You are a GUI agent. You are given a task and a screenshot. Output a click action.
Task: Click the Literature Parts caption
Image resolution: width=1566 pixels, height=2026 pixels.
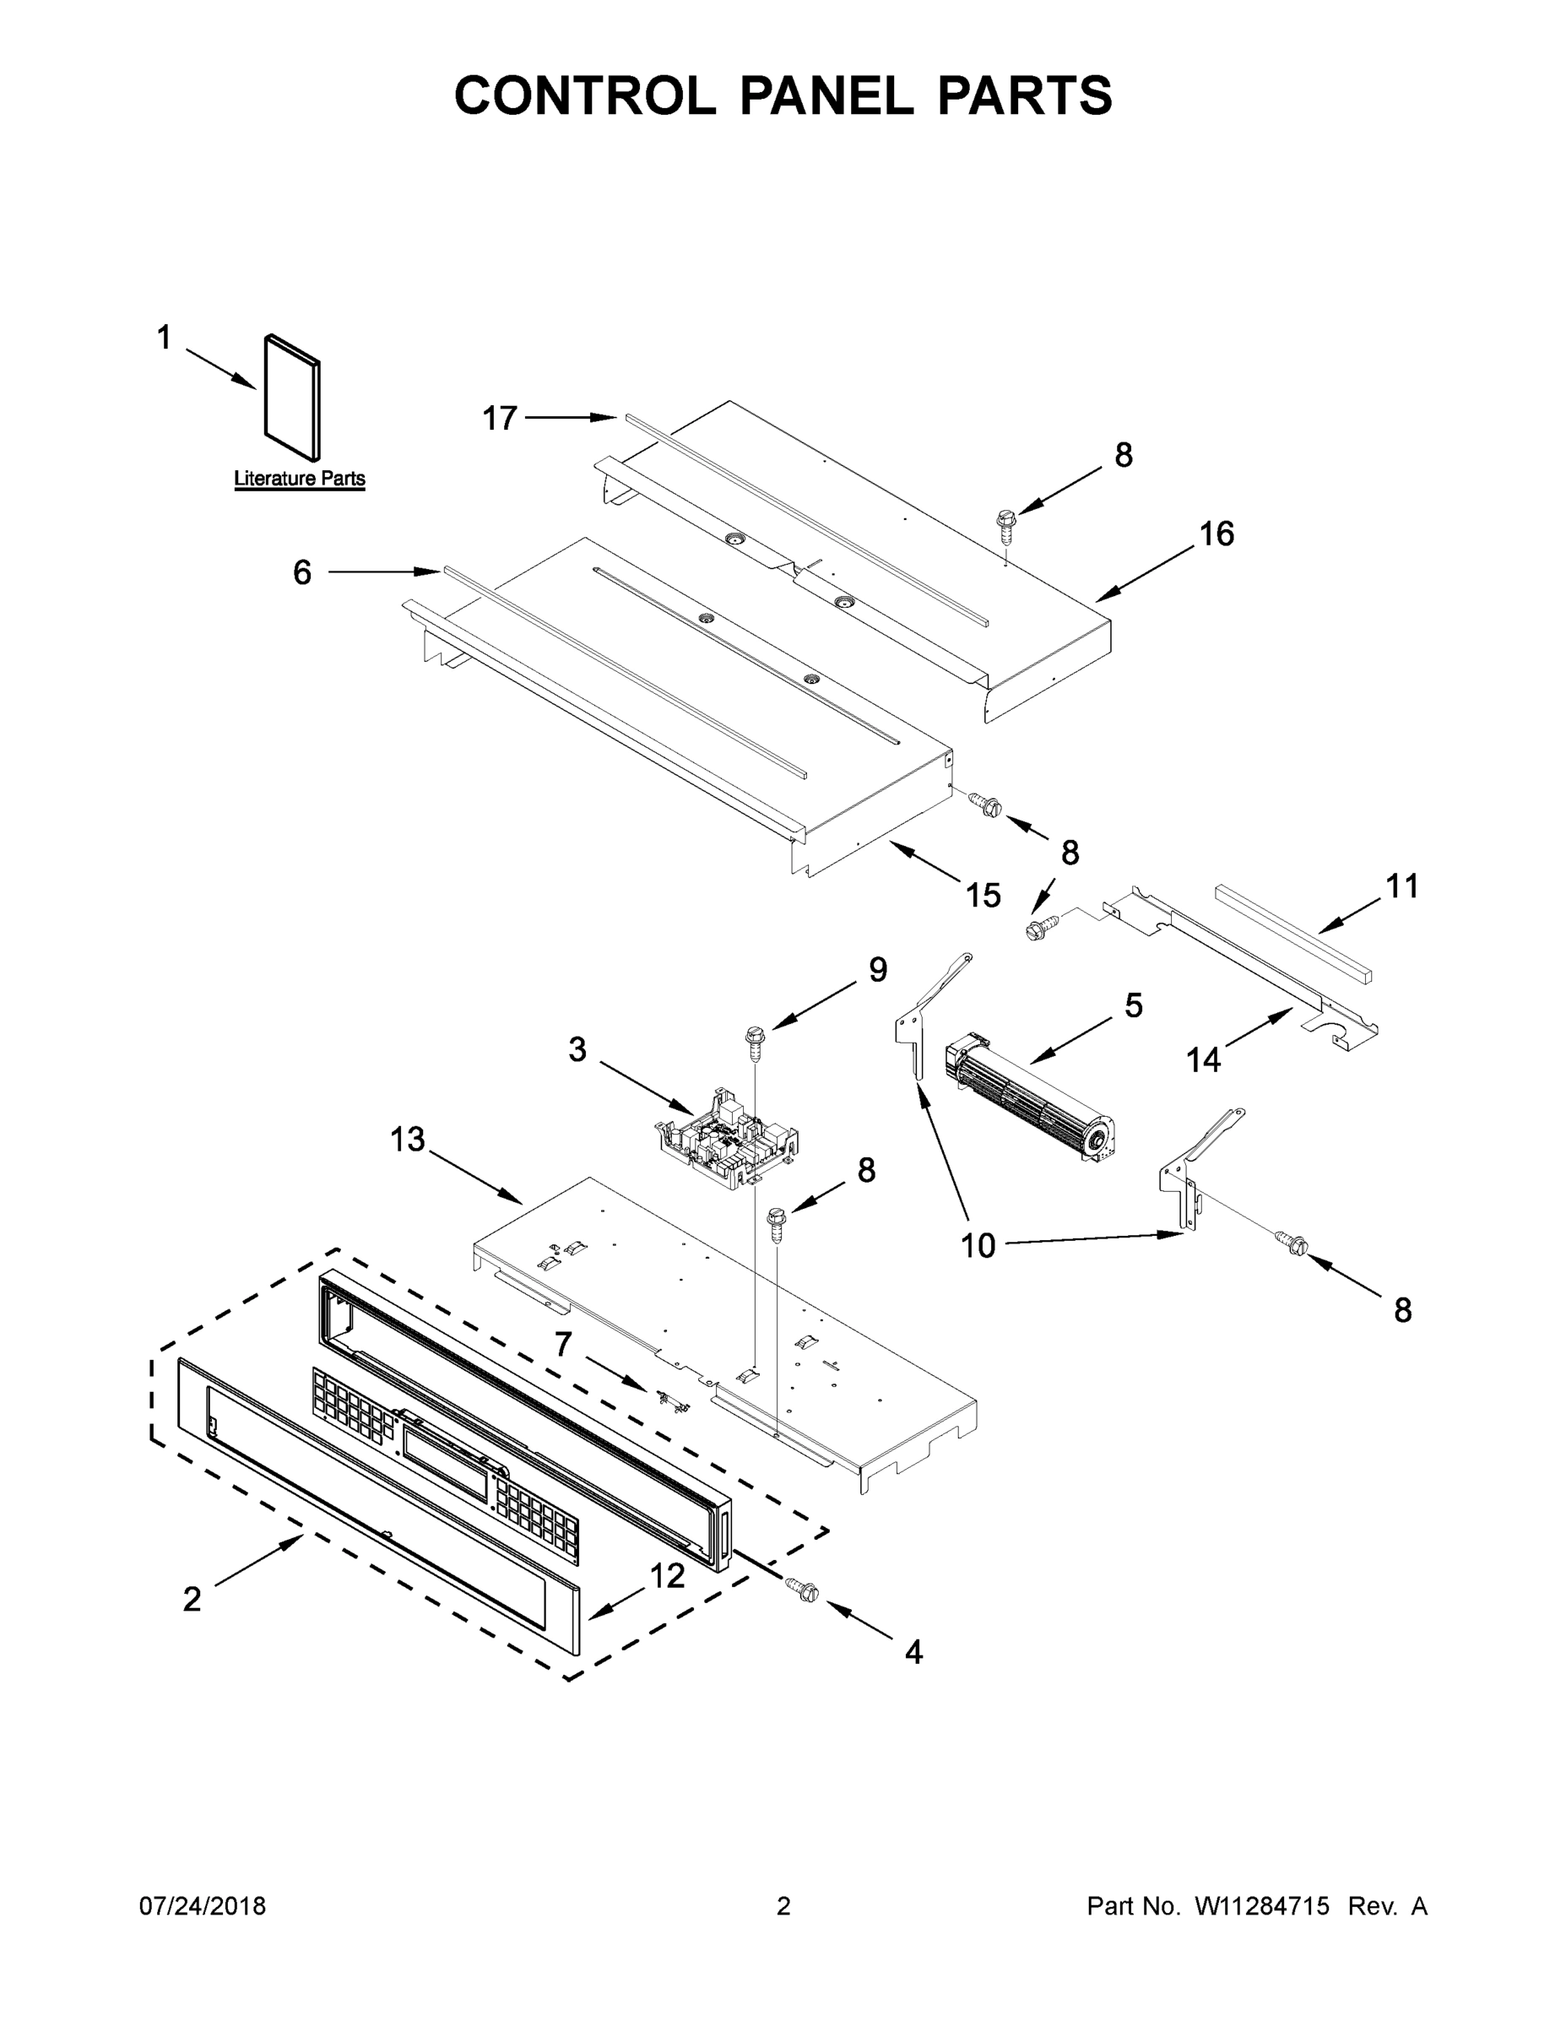click(x=299, y=479)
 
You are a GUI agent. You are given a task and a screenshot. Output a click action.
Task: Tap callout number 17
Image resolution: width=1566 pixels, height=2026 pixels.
click(x=499, y=420)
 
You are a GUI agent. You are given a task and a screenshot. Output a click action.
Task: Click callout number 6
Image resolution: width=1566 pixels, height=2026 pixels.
click(x=302, y=573)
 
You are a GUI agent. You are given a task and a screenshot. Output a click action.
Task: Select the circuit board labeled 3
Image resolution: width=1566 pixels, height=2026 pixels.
click(x=729, y=1136)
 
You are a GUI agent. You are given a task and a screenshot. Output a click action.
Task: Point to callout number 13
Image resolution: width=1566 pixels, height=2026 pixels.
click(x=407, y=1139)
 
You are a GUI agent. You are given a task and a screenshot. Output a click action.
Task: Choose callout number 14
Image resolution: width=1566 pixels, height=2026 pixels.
click(x=1203, y=1059)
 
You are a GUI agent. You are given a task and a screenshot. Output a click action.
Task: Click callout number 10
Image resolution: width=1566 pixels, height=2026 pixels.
click(x=978, y=1245)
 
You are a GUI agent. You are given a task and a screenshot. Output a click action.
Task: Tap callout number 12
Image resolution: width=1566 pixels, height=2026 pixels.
click(x=667, y=1575)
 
